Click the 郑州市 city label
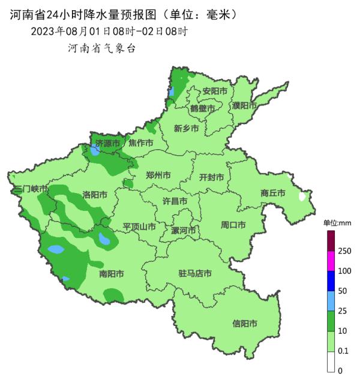(x=158, y=176)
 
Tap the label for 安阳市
(x=214, y=91)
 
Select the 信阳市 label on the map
(x=245, y=324)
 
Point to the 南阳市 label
(x=111, y=274)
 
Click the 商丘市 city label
(x=273, y=193)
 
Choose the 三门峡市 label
(x=30, y=189)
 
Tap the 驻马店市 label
(x=195, y=274)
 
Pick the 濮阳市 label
(x=244, y=105)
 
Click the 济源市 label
(x=109, y=143)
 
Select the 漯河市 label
(x=184, y=230)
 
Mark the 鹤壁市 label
(x=202, y=108)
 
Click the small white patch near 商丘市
(x=302, y=196)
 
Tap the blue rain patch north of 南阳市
(x=105, y=241)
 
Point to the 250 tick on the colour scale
(x=344, y=251)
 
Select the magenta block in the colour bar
(x=330, y=261)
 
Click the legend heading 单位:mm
(x=337, y=223)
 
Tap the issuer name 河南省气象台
(x=102, y=48)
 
